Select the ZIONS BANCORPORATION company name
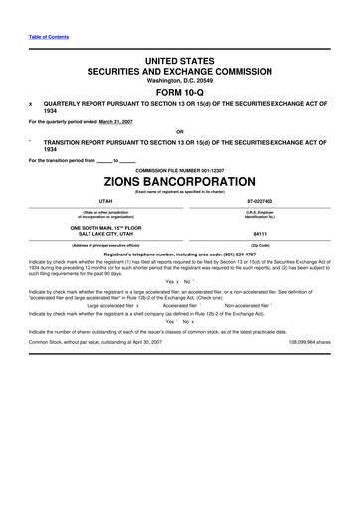click(x=180, y=184)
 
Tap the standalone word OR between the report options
click(x=179, y=131)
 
